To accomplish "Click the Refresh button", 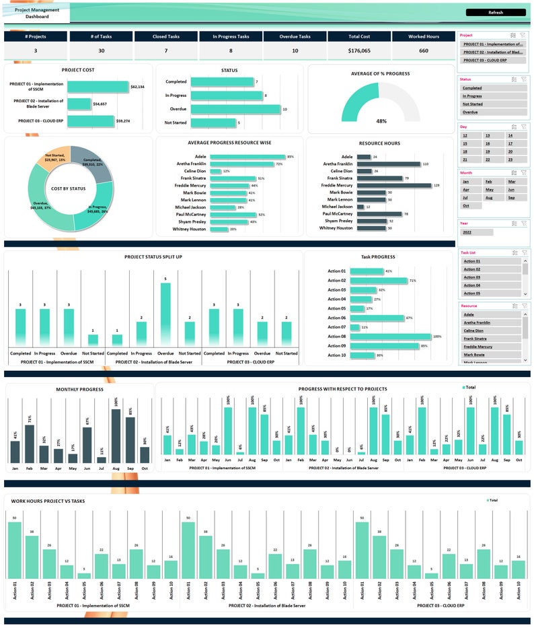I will tap(495, 12).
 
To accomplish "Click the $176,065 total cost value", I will tap(359, 50).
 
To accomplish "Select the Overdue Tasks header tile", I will tap(295, 37).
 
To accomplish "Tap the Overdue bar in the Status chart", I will tap(235, 109).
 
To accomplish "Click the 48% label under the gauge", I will tap(381, 121).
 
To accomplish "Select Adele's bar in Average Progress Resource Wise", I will tap(247, 157).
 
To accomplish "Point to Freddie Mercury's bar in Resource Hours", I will tap(393, 185).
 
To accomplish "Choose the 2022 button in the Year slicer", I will tap(476, 232).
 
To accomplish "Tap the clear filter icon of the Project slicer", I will tap(524, 34).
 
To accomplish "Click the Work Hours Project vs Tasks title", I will tap(48, 501).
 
